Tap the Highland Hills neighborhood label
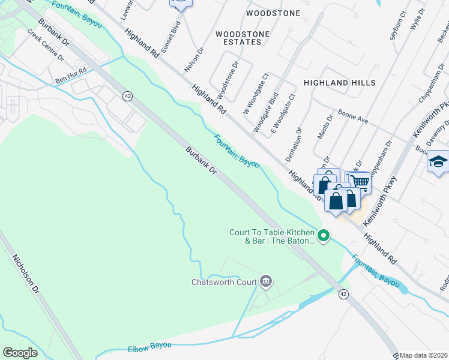coord(339,83)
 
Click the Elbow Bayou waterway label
coord(150,347)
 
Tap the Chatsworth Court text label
coord(224,282)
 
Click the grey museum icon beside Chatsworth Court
coord(267,281)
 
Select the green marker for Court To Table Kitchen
coord(324,235)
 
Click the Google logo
coord(20,353)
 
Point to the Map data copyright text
coord(424,355)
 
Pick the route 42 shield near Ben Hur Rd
coord(127,96)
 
